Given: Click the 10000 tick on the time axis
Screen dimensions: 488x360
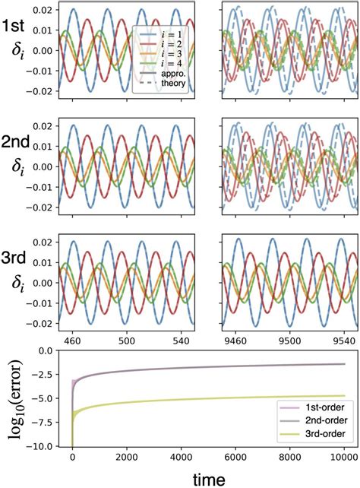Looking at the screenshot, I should pos(343,458).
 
